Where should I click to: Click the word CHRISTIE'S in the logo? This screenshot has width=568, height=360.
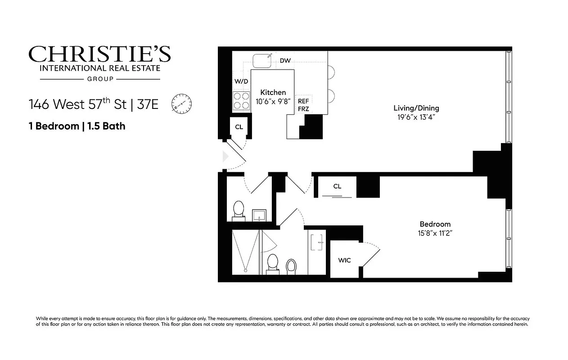(x=99, y=54)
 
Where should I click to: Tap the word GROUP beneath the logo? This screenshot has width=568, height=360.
(x=100, y=79)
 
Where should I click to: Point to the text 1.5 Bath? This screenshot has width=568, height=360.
(x=106, y=126)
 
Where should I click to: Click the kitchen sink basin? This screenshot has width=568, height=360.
(x=262, y=61)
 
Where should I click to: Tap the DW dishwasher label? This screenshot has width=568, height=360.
(x=285, y=61)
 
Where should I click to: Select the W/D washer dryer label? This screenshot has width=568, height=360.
(x=241, y=81)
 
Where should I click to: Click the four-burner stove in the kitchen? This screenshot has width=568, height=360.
(x=241, y=101)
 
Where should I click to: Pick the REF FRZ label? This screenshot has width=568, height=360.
(x=303, y=105)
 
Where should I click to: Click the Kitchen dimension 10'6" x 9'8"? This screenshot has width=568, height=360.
(x=273, y=102)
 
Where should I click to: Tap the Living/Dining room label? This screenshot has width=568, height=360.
(x=416, y=108)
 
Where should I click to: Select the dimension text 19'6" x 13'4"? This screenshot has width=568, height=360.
(x=416, y=117)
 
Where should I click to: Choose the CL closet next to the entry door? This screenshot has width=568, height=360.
(x=239, y=127)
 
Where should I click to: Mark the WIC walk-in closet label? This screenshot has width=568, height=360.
(x=344, y=260)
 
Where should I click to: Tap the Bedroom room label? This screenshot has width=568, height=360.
(x=435, y=224)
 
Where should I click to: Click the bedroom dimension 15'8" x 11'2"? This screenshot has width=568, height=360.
(x=435, y=233)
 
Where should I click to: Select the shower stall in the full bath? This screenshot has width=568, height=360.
(x=245, y=252)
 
